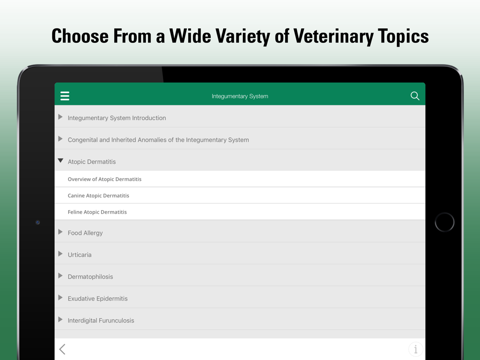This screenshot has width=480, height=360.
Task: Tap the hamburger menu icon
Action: [x=65, y=96]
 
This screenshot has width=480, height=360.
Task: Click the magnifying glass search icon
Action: [x=415, y=96]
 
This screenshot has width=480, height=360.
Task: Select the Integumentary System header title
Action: [x=240, y=96]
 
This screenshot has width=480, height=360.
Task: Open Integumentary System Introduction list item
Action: [x=117, y=118]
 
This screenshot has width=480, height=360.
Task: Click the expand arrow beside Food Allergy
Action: [x=60, y=232]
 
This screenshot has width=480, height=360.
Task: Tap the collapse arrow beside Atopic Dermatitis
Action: [x=60, y=160]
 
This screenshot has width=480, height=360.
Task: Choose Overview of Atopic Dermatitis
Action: [x=104, y=179]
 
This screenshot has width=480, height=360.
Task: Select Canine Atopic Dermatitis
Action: [x=98, y=196]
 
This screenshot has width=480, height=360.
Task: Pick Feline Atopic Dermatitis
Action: [x=97, y=212]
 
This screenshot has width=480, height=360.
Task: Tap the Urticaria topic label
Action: [x=80, y=255]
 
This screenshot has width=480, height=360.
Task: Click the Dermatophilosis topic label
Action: [x=90, y=277]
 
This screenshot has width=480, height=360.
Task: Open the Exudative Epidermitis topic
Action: [x=97, y=299]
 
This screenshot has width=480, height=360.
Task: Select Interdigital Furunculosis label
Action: [x=101, y=321]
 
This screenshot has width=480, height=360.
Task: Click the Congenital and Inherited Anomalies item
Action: [x=158, y=140]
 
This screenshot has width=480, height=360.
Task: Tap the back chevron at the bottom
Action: [x=62, y=349]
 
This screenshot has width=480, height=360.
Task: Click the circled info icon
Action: [x=416, y=349]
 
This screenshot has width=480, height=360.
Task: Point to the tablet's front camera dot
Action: [x=37, y=222]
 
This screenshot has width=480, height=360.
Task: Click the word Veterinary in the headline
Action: [x=333, y=36]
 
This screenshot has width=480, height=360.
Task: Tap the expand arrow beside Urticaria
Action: [x=60, y=254]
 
